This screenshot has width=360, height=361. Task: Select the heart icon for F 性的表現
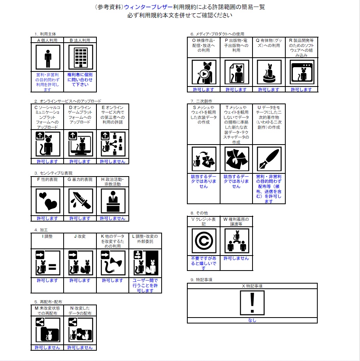pyautogui.click(x=48, y=201)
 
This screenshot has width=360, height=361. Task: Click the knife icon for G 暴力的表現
pyautogui.click(x=80, y=201)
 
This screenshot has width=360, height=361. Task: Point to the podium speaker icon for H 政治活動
pyautogui.click(x=113, y=201)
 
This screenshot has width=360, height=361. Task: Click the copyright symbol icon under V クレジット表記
pyautogui.click(x=204, y=241)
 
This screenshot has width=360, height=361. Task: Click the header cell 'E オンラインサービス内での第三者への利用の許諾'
pyautogui.click(x=113, y=117)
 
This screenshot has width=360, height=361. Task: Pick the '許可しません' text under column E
pyautogui.click(x=113, y=162)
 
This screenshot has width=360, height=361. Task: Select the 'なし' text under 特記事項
pyautogui.click(x=252, y=320)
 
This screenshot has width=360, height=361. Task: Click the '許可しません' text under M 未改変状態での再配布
pyautogui.click(x=47, y=348)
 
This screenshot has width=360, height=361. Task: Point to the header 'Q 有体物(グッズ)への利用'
pyautogui.click(x=269, y=45)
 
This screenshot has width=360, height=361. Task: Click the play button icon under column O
pyautogui.click(x=204, y=73)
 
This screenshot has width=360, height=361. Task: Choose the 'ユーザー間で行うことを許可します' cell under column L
pyautogui.click(x=145, y=286)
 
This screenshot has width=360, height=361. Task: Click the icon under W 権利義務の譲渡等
pyautogui.click(x=236, y=241)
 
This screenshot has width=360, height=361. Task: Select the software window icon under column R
pyautogui.click(x=302, y=73)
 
